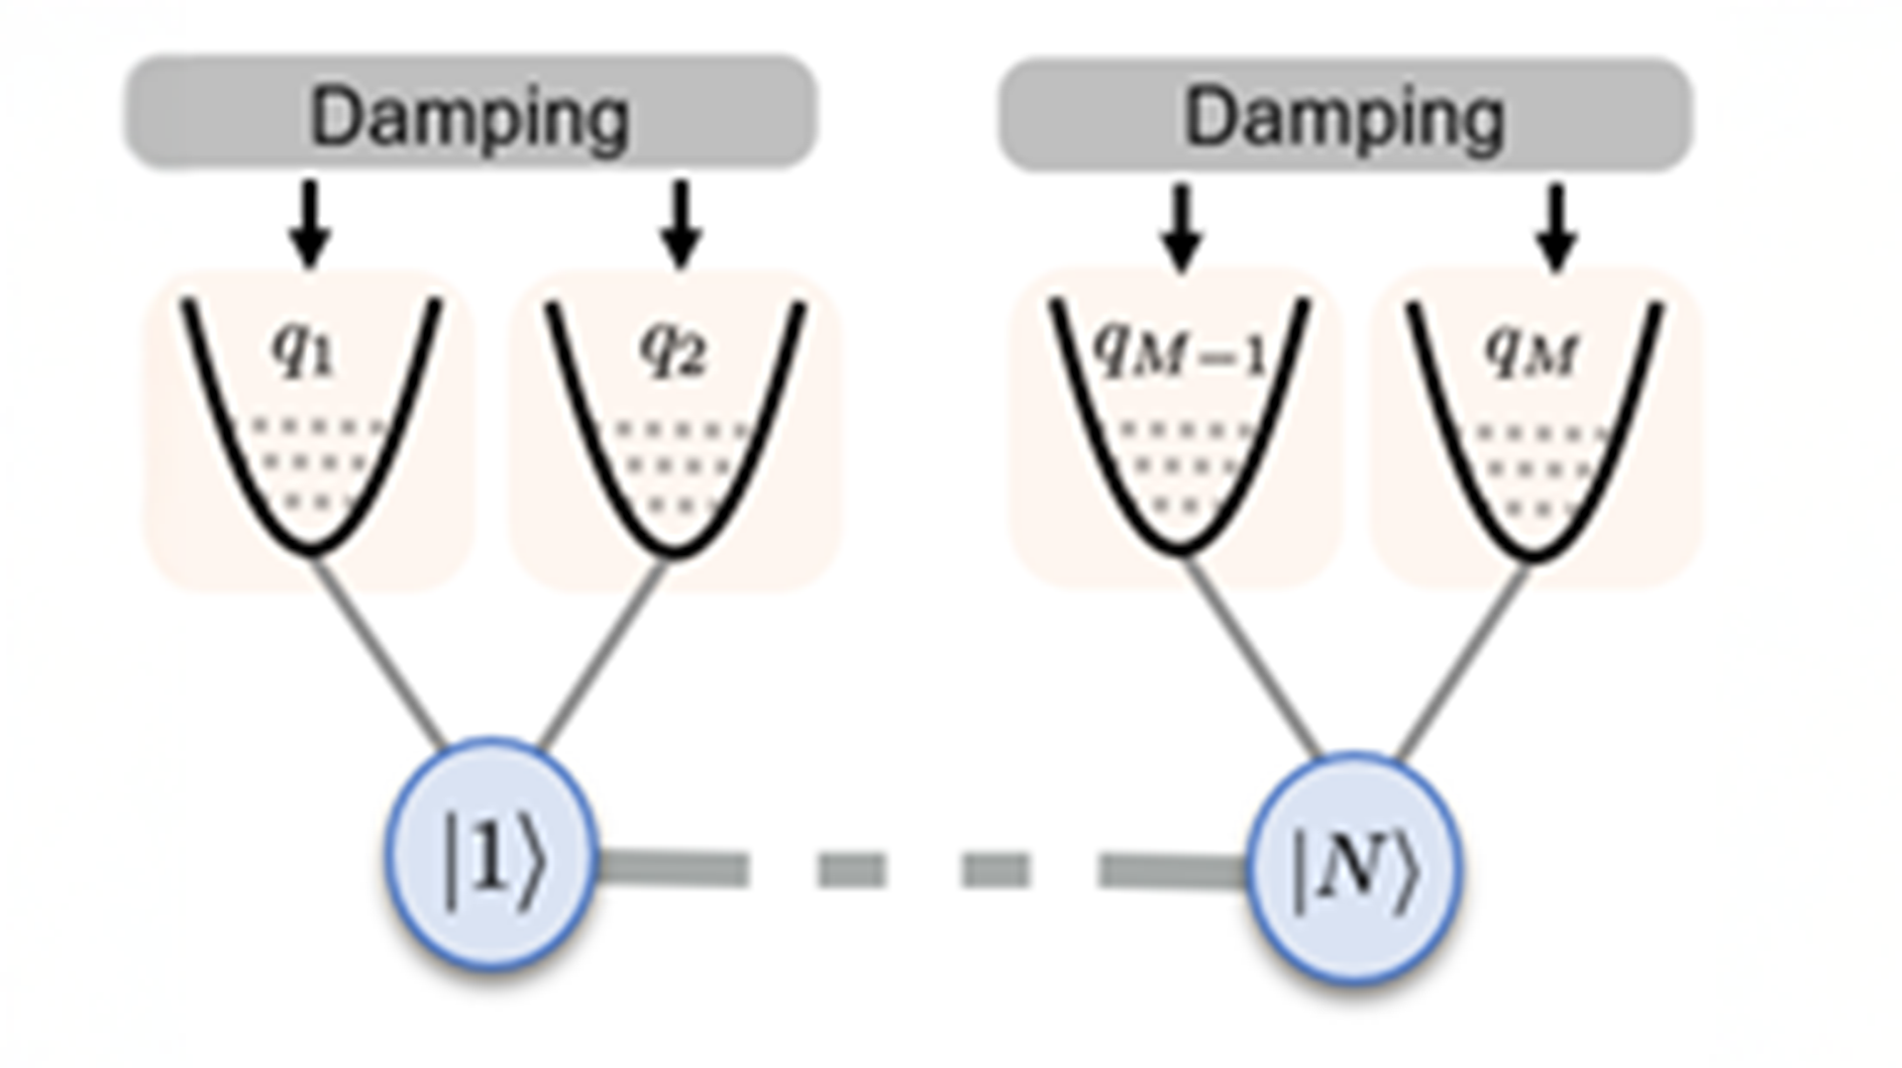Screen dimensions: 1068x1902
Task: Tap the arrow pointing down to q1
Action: coord(310,224)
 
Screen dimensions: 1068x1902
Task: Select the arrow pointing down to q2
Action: coord(681,224)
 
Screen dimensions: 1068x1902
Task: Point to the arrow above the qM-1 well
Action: coord(1180,227)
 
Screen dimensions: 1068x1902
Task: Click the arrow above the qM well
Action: coord(1555,227)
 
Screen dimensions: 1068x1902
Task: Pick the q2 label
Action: coord(674,351)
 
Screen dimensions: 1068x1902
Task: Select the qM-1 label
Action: coord(1179,352)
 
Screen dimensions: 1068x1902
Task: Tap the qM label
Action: coord(1531,352)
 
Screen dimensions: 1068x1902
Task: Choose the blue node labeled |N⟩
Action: coord(1355,868)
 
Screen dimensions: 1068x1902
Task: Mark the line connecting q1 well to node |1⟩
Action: coord(379,652)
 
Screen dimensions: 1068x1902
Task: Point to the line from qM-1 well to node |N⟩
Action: coord(1252,656)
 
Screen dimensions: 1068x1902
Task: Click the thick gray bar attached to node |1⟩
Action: coord(674,869)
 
